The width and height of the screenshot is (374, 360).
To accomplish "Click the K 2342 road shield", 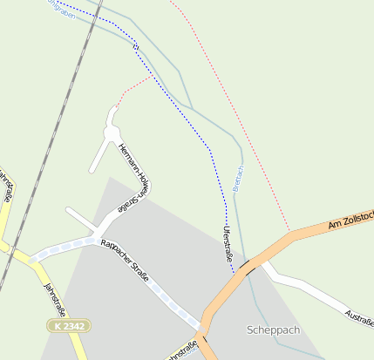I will [67, 324].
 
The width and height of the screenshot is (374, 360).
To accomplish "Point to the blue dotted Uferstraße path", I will [187, 113].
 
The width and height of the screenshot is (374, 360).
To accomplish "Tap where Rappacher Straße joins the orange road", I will [202, 326].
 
